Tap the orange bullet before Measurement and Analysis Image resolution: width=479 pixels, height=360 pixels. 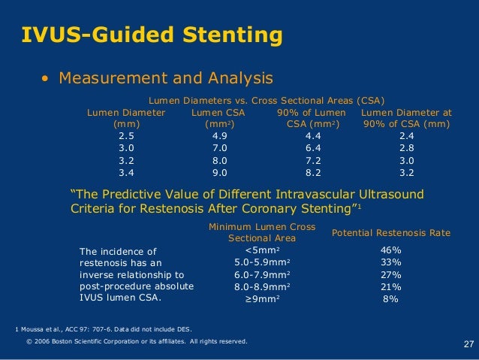pyautogui.click(x=46, y=79)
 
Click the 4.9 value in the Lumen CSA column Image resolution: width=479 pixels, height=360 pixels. pyautogui.click(x=220, y=136)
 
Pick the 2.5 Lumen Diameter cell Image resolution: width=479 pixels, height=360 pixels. pyautogui.click(x=126, y=136)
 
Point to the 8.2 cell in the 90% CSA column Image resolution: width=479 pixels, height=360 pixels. pyautogui.click(x=315, y=171)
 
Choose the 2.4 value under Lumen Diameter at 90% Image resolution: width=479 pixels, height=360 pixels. pyautogui.click(x=406, y=136)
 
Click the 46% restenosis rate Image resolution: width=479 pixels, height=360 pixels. pyautogui.click(x=390, y=250)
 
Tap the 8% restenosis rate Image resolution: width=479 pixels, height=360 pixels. pyautogui.click(x=390, y=298)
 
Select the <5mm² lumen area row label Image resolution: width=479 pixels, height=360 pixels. pyautogui.click(x=262, y=250)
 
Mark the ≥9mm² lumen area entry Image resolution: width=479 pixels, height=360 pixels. pyautogui.click(x=262, y=298)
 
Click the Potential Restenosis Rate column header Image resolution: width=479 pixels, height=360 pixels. pyautogui.click(x=390, y=233)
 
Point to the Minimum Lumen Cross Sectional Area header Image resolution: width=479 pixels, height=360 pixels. pyautogui.click(x=261, y=232)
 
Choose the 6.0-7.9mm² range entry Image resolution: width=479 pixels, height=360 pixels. pyautogui.click(x=262, y=274)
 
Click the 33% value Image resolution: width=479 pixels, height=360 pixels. pyautogui.click(x=390, y=262)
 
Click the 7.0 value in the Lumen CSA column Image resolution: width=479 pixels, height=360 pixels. pyautogui.click(x=220, y=148)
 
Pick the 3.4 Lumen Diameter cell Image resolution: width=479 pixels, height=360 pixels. pyautogui.click(x=126, y=171)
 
